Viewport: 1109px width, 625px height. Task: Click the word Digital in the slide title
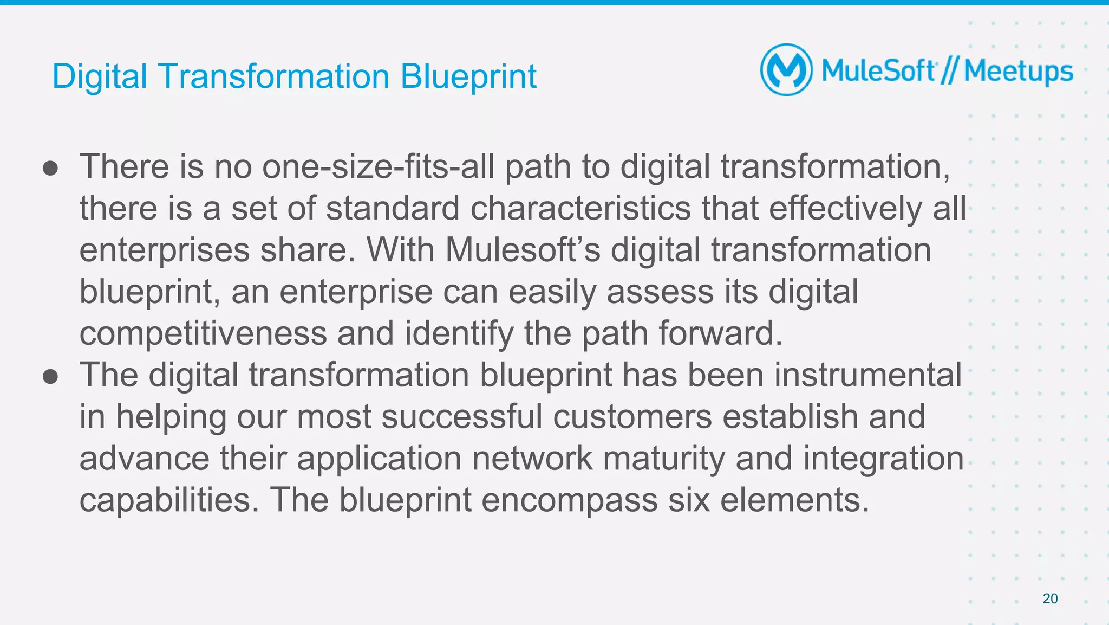tap(100, 76)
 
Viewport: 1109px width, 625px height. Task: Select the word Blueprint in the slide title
tap(468, 76)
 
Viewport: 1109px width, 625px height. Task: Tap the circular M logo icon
tap(786, 70)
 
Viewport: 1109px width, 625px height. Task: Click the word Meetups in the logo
tap(1018, 72)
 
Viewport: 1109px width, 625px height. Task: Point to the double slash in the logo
tap(949, 71)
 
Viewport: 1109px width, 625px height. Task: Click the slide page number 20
tap(1050, 598)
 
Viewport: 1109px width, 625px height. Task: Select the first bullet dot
tap(50, 168)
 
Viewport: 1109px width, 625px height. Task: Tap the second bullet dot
tap(50, 377)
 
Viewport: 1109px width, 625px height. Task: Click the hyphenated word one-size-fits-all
tap(378, 166)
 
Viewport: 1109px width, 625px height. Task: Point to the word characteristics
tap(580, 208)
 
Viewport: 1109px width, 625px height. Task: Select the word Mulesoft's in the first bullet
tap(523, 250)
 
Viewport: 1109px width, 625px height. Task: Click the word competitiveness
tap(203, 333)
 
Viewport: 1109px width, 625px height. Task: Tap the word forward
tap(721, 333)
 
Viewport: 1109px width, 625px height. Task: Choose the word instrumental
tap(867, 375)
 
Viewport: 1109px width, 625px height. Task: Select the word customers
tap(632, 416)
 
